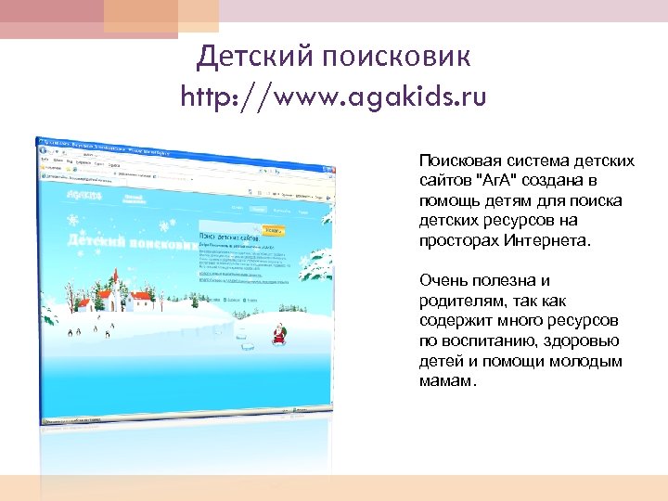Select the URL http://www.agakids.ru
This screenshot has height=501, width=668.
click(x=334, y=96)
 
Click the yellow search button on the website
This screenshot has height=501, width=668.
click(x=275, y=230)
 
